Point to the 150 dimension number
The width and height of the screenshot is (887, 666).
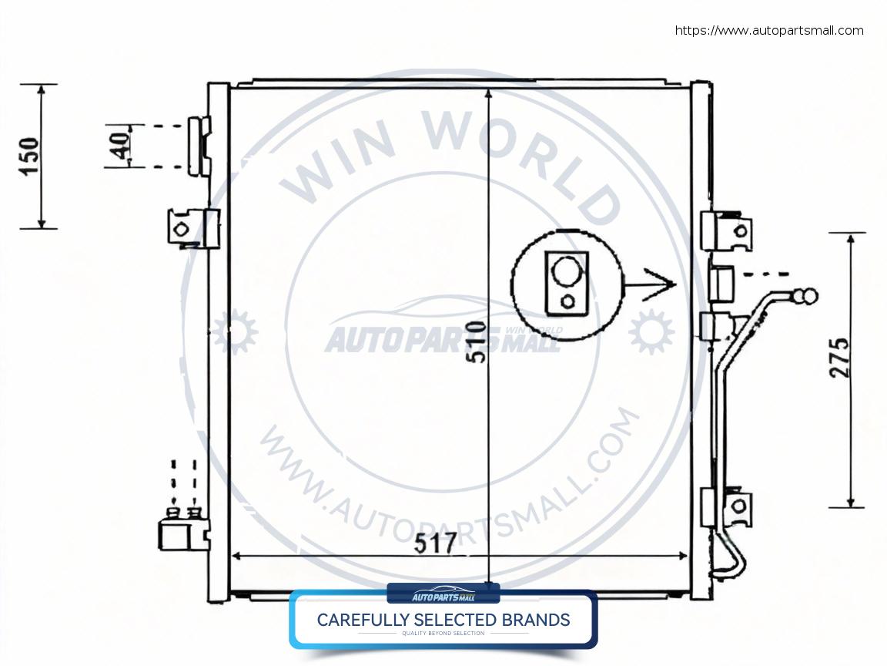[x=28, y=156]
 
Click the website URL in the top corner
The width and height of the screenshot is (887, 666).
[x=768, y=31]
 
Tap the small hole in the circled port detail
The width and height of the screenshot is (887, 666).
[x=567, y=301]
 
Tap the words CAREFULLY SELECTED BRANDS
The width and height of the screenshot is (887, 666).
[x=443, y=620]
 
